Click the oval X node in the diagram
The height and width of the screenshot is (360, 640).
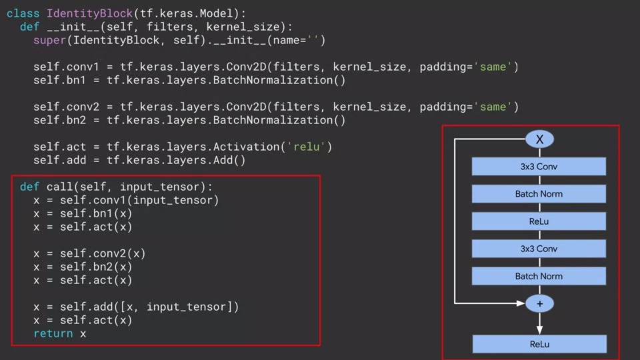click(x=539, y=139)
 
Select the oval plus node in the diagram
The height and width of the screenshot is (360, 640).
click(x=539, y=303)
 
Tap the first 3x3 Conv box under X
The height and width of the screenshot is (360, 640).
click(x=539, y=167)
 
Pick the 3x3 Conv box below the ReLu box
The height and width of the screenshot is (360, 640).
click(x=539, y=249)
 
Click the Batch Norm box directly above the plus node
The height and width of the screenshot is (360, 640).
click(x=539, y=276)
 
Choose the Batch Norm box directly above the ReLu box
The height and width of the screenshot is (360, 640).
click(x=539, y=194)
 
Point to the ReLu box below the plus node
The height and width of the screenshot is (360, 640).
click(x=539, y=344)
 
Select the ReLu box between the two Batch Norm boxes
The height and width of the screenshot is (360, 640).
click(x=539, y=221)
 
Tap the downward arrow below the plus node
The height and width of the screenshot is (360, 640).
click(x=539, y=323)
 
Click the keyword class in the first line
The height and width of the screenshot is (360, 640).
click(x=23, y=13)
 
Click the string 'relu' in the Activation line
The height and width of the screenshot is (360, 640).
click(x=305, y=147)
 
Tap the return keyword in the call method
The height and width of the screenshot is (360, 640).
click(x=53, y=333)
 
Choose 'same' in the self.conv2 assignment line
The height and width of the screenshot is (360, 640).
click(x=493, y=107)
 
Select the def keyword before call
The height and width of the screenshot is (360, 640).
click(x=29, y=187)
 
